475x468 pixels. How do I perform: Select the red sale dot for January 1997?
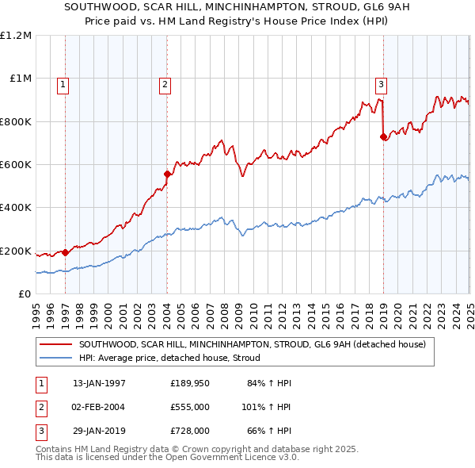point(65,253)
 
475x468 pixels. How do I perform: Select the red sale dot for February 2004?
point(167,174)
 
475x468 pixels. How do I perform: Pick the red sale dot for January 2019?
point(384,136)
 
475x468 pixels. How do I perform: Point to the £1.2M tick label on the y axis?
point(16,36)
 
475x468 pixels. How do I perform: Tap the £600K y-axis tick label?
point(16,165)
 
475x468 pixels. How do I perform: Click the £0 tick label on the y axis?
point(24,294)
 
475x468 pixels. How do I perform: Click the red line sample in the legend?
point(55,344)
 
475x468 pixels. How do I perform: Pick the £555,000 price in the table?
point(190,407)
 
